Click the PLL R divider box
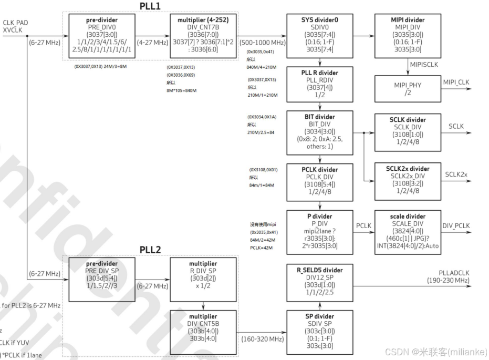[319, 84]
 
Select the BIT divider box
[319, 132]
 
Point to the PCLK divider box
[319, 181]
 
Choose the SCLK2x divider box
[408, 181]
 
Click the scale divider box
[408, 231]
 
